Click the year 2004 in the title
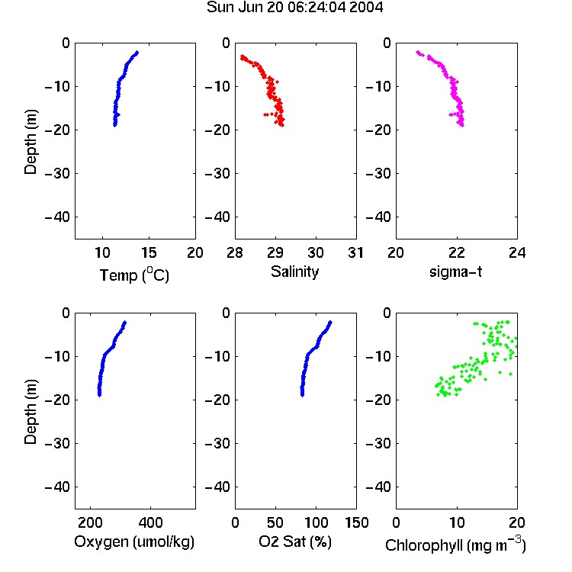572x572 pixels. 366,7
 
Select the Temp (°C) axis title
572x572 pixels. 134,275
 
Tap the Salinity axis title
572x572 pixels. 294,272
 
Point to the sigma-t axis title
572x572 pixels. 455,272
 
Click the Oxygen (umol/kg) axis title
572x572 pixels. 134,541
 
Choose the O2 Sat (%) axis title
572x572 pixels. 295,541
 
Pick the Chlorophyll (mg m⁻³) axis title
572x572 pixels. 455,545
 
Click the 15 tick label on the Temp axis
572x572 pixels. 149,252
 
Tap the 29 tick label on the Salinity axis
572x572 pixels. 275,252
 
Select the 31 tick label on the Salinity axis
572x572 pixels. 355,252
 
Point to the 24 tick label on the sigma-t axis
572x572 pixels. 517,252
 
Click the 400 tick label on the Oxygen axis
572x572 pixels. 150,522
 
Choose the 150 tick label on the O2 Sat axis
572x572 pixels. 356,522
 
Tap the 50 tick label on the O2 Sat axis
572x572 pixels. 275,522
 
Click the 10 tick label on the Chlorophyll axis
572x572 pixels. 456,522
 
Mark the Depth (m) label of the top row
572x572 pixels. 31,142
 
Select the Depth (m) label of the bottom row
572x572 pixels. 31,412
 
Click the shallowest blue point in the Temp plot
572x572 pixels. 137,53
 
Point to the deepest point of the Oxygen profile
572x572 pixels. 99,394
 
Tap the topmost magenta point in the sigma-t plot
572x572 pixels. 418,52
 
